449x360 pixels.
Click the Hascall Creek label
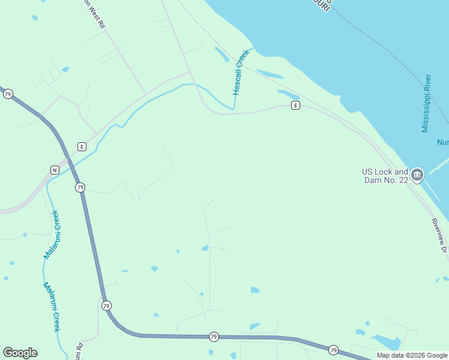pos(241,73)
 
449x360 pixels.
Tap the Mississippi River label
pos(426,103)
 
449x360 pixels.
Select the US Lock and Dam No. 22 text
pos(385,176)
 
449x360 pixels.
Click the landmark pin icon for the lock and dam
pos(417,175)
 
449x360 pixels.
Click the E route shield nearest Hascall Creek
pos(295,106)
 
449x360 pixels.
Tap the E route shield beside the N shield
pos(82,146)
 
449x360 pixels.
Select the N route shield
pos(55,169)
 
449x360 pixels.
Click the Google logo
pos(20,353)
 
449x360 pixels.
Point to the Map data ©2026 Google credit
pos(411,355)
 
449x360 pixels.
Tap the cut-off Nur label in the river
pos(442,142)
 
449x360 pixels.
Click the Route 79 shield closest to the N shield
pos(80,188)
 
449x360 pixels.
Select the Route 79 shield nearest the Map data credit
pos(334,350)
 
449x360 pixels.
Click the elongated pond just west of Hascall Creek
pos(221,55)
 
